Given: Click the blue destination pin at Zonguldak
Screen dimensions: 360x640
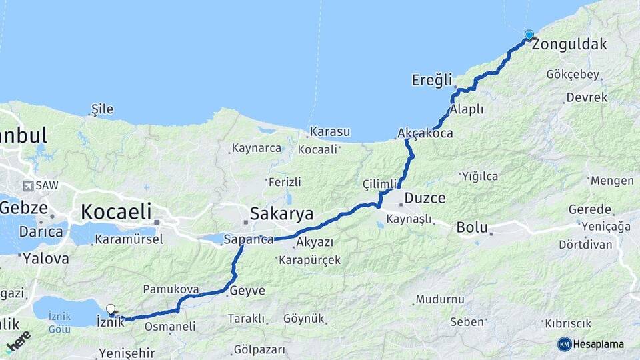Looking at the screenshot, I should click(529, 34).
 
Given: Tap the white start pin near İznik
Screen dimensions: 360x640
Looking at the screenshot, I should click(111, 309).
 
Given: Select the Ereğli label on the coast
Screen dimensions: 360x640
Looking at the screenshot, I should click(431, 80).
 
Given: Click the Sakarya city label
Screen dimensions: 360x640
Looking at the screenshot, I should click(281, 213).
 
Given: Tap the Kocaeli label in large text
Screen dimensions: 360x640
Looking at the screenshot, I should click(115, 212).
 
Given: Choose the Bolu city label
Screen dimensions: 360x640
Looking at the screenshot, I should click(472, 227).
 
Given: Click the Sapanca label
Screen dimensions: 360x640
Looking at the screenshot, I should click(249, 239).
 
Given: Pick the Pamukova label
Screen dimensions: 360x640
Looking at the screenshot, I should click(171, 289).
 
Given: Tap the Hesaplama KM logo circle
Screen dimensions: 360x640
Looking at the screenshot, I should click(565, 344).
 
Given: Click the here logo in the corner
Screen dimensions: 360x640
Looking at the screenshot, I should click(17, 343).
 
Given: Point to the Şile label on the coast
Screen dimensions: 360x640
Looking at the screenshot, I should click(102, 109).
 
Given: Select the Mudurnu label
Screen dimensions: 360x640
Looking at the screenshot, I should click(438, 299).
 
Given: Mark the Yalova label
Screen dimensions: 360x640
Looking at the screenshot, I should click(45, 258).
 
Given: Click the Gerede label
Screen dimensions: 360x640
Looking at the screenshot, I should click(590, 209).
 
